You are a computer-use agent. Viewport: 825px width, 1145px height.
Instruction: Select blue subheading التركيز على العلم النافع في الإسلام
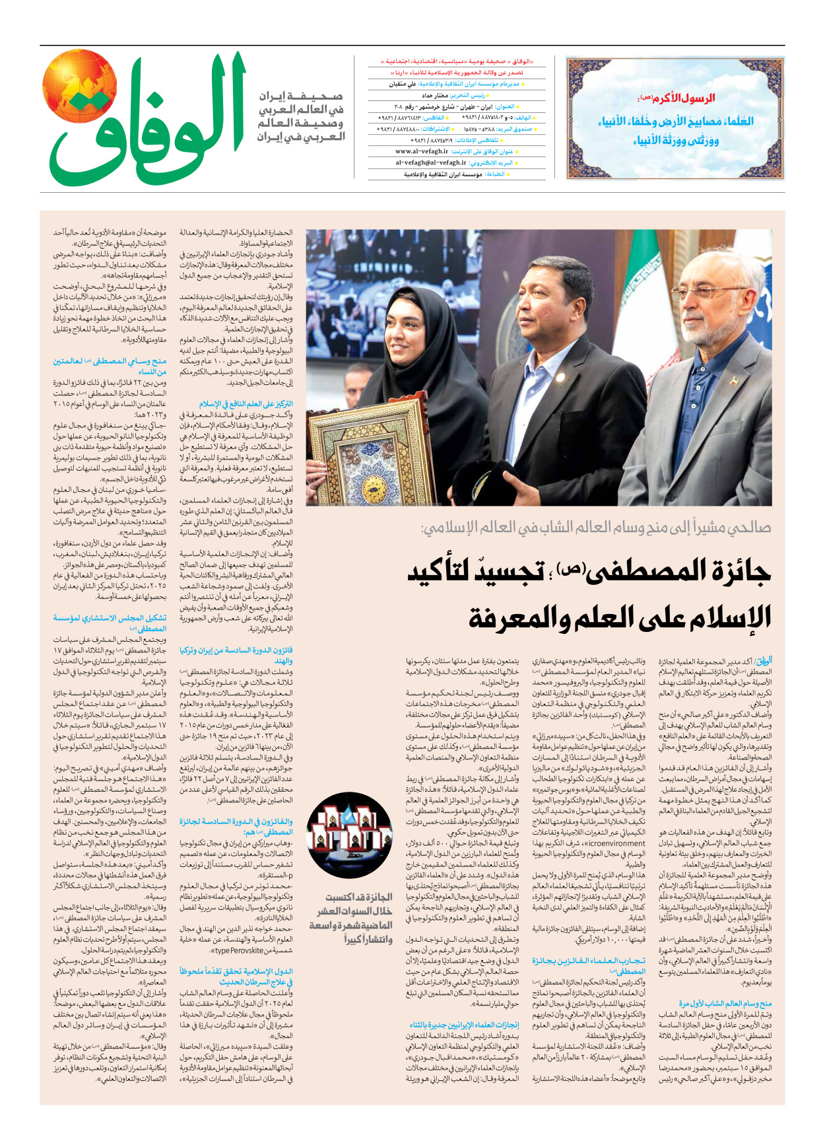[x=246, y=403]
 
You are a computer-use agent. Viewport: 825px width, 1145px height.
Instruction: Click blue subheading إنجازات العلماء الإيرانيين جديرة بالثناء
[x=464, y=1025]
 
